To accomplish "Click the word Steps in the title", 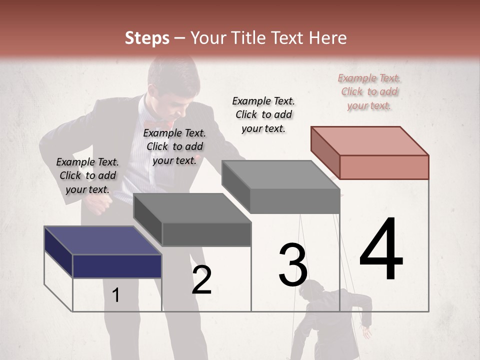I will [x=147, y=38].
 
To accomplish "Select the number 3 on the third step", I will [x=293, y=265].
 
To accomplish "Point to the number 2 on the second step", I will [x=201, y=280].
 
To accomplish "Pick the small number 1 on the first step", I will [x=115, y=295].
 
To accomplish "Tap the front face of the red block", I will [x=384, y=167].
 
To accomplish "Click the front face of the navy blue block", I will [x=117, y=266].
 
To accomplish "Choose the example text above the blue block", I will [x=87, y=175].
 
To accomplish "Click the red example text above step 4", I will [x=369, y=91].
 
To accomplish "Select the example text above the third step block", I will [x=263, y=114].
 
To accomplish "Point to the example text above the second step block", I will [x=174, y=146].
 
